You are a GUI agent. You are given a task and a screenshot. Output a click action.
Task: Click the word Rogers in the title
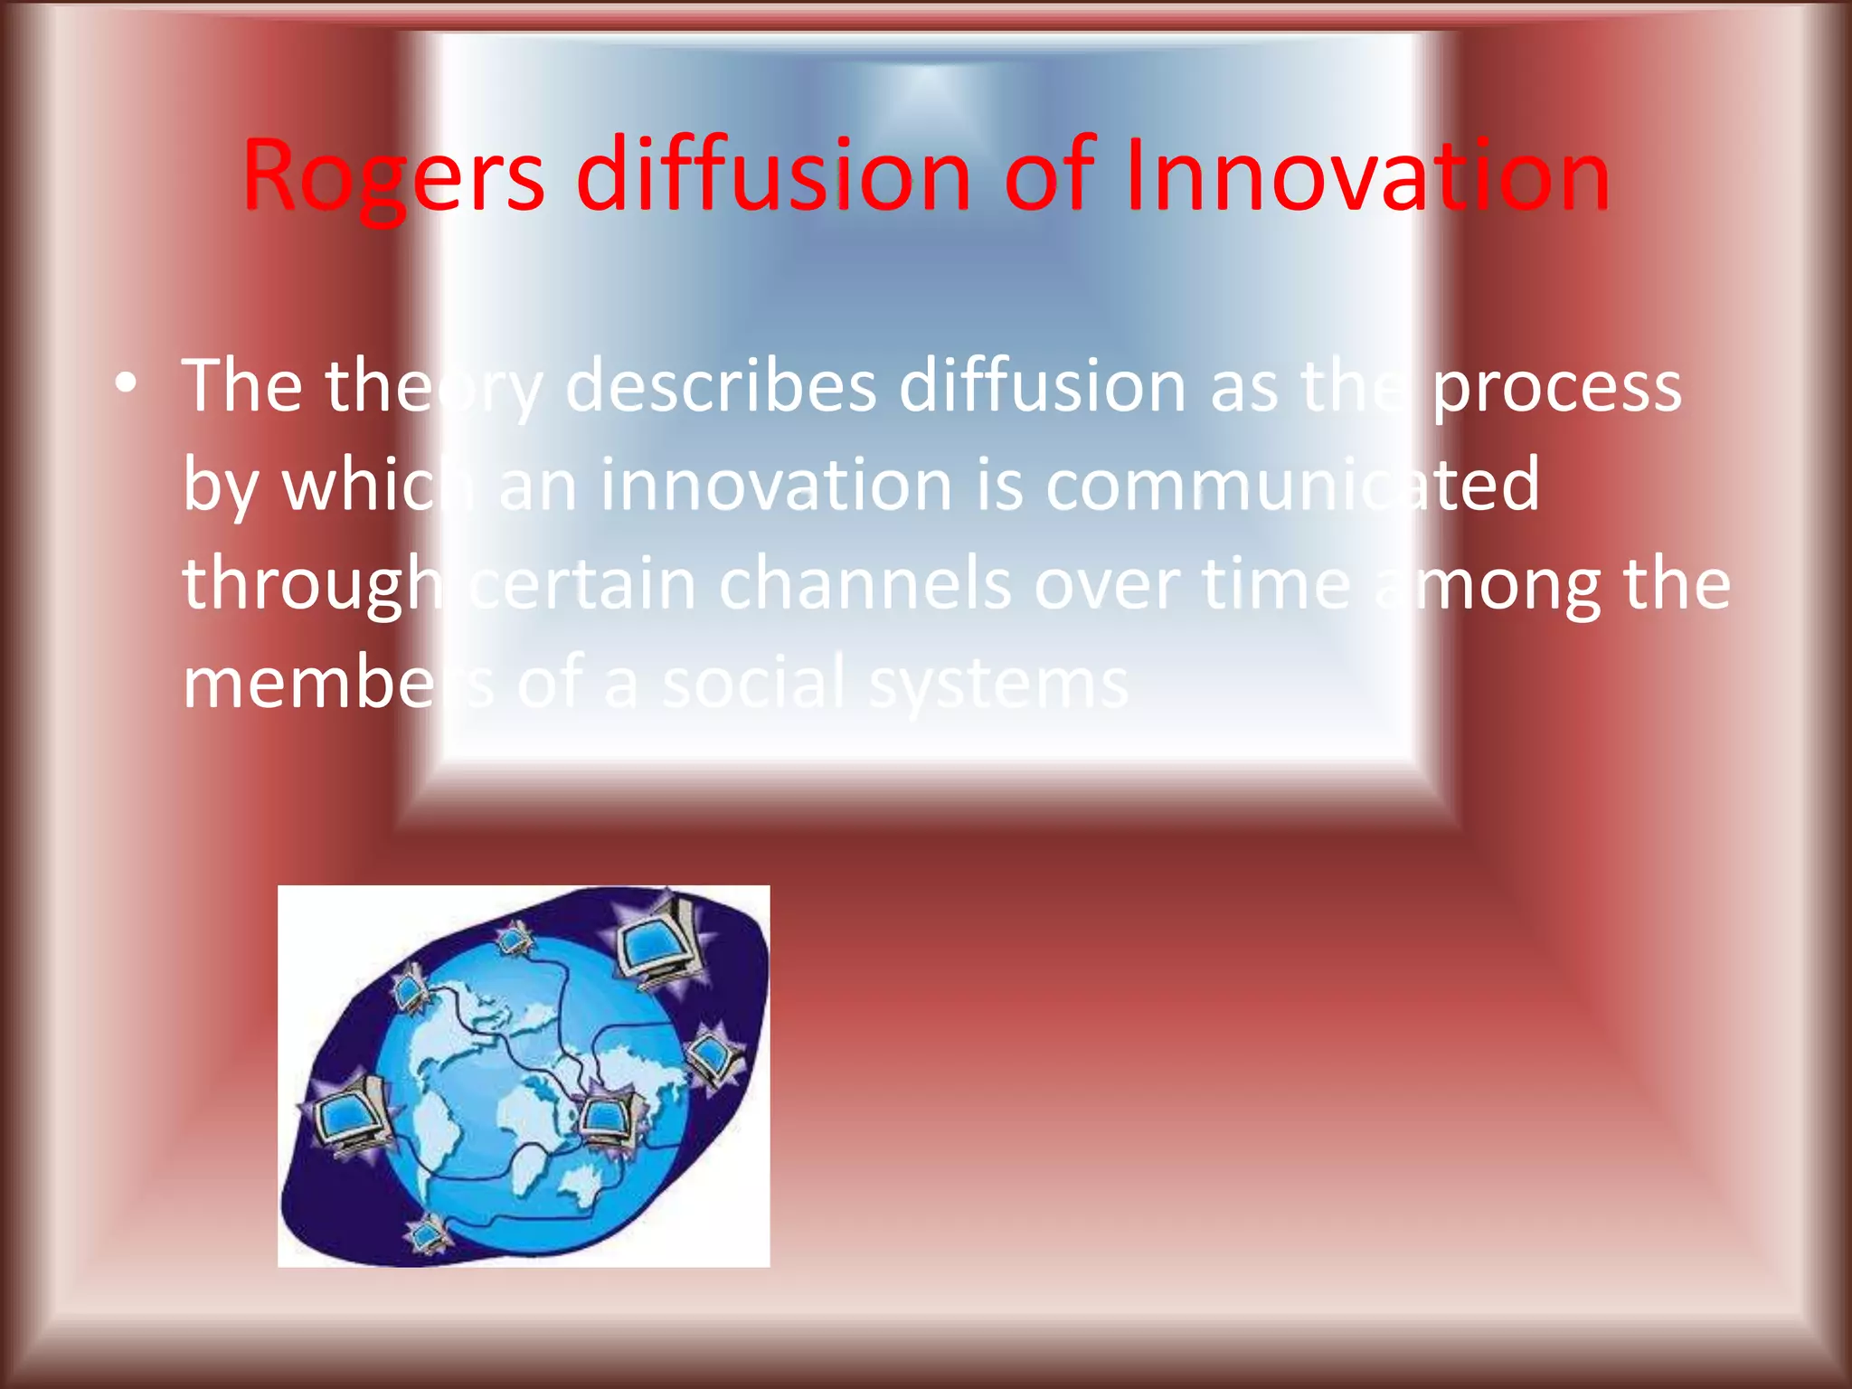pos(392,176)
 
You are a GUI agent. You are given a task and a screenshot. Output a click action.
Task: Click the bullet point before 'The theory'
pos(127,384)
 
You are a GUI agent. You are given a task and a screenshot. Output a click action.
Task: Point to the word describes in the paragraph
pos(720,387)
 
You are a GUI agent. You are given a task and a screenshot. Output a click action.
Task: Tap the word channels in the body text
pos(865,584)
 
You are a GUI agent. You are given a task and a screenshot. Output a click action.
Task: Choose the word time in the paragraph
pos(1276,584)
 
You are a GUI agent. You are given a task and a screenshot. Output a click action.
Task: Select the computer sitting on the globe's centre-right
pos(608,1121)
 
